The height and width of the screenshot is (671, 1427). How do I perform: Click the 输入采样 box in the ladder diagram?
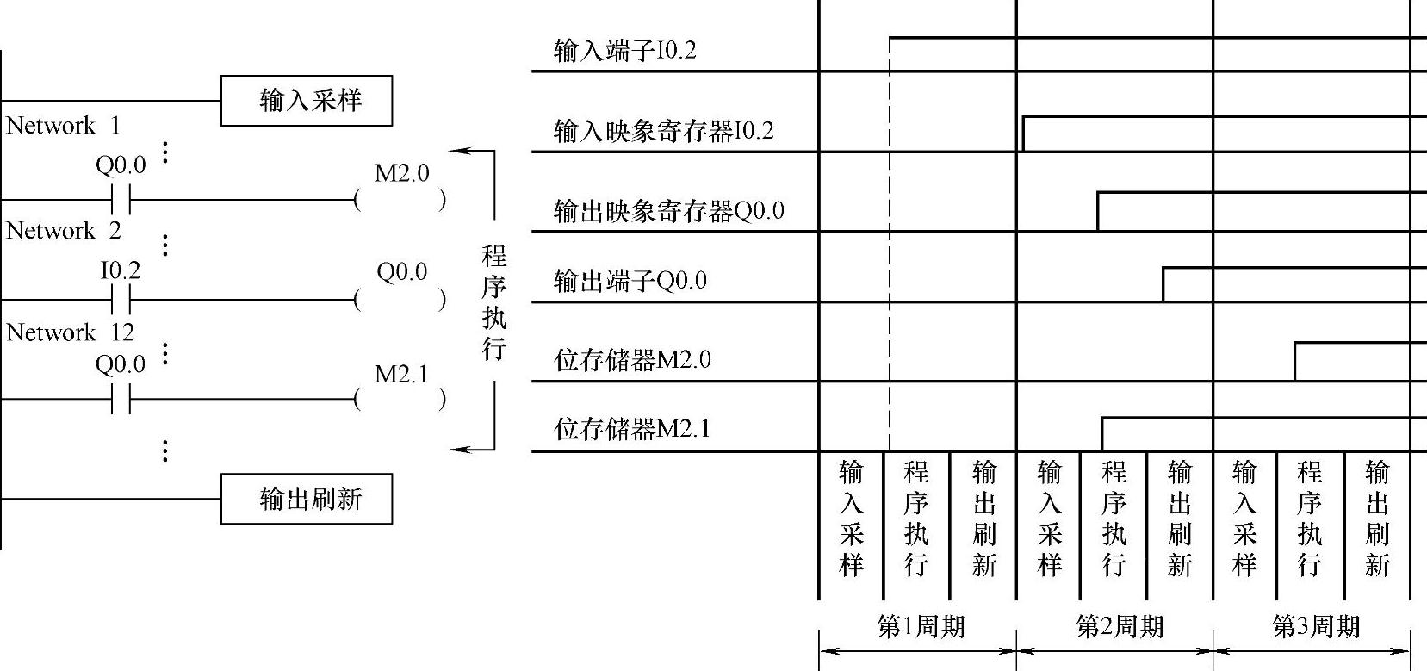(307, 101)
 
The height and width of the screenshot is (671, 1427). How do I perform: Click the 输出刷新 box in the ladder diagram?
(307, 499)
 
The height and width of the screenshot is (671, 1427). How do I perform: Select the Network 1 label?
(63, 126)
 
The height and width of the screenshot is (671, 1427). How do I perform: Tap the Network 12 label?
(70, 332)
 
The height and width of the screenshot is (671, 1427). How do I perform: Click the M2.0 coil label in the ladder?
(401, 173)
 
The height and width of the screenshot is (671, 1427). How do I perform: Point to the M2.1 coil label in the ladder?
(401, 374)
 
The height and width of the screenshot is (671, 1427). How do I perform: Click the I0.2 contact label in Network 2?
(120, 270)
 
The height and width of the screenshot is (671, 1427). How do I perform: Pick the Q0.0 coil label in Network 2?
(401, 272)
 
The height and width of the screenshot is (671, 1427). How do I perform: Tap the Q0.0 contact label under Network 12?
(120, 364)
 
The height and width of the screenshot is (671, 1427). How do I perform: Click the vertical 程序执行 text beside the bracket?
(493, 301)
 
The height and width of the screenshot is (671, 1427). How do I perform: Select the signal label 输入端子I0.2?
(624, 50)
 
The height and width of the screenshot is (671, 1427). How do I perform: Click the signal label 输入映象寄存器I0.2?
(663, 131)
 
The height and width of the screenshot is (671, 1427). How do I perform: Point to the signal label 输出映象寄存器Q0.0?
(668, 211)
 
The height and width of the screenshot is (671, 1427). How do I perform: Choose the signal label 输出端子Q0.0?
(630, 281)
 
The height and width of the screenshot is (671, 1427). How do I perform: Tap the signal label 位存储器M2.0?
(632, 359)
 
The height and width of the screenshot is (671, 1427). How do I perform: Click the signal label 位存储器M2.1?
(632, 429)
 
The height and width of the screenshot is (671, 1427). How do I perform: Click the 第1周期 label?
(920, 626)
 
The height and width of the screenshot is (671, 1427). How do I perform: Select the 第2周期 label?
(1119, 626)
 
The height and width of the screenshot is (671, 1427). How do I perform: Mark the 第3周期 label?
(1315, 626)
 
